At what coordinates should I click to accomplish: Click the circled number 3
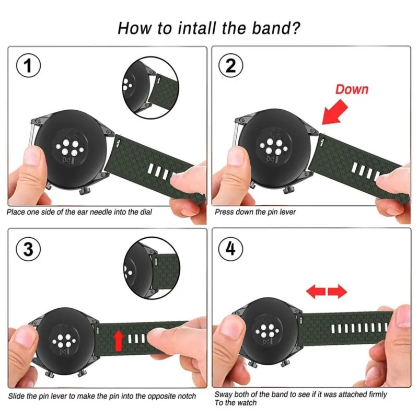tap(29, 250)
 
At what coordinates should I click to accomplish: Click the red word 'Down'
tap(352, 89)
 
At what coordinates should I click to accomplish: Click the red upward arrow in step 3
tap(118, 340)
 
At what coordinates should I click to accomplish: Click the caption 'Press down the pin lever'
tap(255, 213)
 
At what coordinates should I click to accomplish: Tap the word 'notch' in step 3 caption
tap(186, 396)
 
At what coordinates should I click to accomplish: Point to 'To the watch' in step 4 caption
tap(236, 402)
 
